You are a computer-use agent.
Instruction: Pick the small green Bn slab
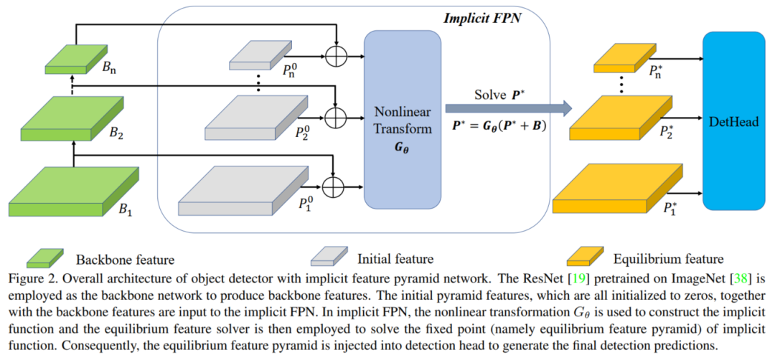point(65,60)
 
